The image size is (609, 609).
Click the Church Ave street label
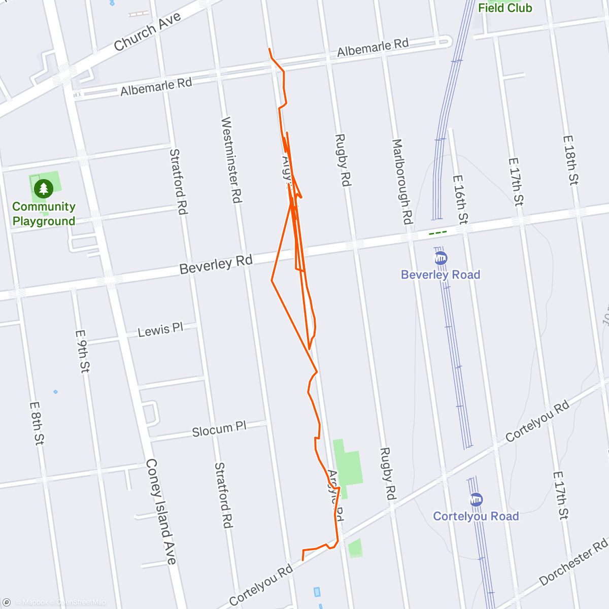[147, 32]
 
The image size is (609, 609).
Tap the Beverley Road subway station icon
[441, 258]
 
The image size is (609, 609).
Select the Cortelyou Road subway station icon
[476, 499]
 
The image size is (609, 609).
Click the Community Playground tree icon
[44, 189]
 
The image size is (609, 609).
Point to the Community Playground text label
[44, 214]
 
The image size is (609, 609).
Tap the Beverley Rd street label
[216, 265]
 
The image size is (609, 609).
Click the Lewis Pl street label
[160, 330]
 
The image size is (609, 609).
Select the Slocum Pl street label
[219, 429]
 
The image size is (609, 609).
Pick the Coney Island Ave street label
[161, 512]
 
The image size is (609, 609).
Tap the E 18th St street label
[571, 160]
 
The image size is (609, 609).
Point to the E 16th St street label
[460, 200]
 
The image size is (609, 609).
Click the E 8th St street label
[37, 424]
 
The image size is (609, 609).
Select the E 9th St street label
[82, 351]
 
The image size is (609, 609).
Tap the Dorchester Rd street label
[573, 562]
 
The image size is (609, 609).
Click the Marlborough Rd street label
[402, 182]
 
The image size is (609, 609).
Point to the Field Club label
[505, 8]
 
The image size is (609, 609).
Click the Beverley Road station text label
[441, 275]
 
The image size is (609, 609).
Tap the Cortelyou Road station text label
[476, 517]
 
